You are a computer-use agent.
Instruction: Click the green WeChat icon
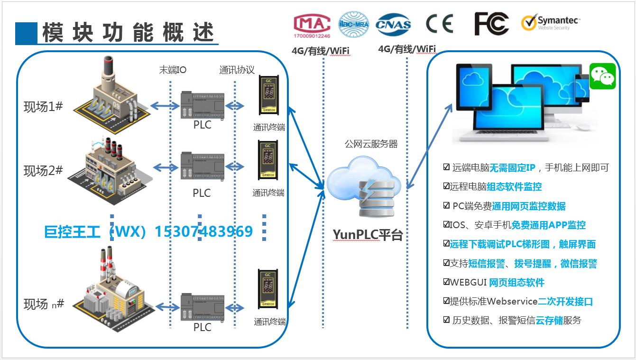pos(602,76)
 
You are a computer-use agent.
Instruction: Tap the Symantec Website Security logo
pos(550,22)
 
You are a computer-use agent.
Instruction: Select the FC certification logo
pos(491,23)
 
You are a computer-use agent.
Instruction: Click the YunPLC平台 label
pos(368,234)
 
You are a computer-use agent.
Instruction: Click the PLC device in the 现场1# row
pos(203,105)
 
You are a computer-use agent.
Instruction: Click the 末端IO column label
pos(173,70)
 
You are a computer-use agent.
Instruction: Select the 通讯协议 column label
pos(237,70)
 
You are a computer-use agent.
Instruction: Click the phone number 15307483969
pos(203,232)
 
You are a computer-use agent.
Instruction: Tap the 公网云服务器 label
pos(371,144)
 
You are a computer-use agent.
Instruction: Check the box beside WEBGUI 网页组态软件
pos(446,282)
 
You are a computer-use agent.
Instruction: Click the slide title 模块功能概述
pos(128,32)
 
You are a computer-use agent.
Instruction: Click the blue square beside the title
pos(26,32)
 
